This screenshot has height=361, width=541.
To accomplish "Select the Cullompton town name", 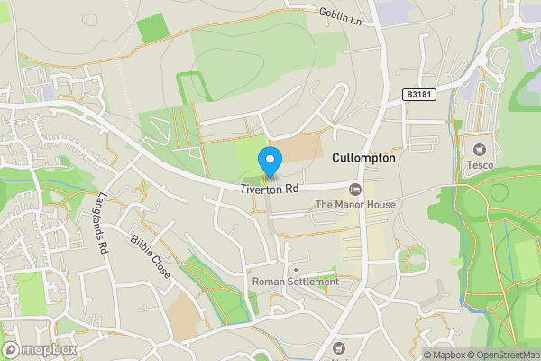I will click(x=363, y=158).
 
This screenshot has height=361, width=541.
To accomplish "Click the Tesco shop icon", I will click(x=478, y=149).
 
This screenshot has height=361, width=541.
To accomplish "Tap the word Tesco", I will click(x=478, y=165).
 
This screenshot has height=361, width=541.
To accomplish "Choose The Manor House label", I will click(x=354, y=205).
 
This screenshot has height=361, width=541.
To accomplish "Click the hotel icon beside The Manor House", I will click(x=354, y=189).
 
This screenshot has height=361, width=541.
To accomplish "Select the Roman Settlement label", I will click(x=296, y=282).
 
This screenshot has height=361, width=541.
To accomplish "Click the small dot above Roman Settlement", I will click(x=296, y=269).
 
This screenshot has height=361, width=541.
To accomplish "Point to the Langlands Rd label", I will click(x=103, y=225).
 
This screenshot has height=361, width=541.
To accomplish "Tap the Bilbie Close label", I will click(x=150, y=256).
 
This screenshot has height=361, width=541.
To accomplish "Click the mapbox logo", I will click(x=40, y=349).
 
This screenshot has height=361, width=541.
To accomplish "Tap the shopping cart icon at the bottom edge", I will click(x=340, y=348).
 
